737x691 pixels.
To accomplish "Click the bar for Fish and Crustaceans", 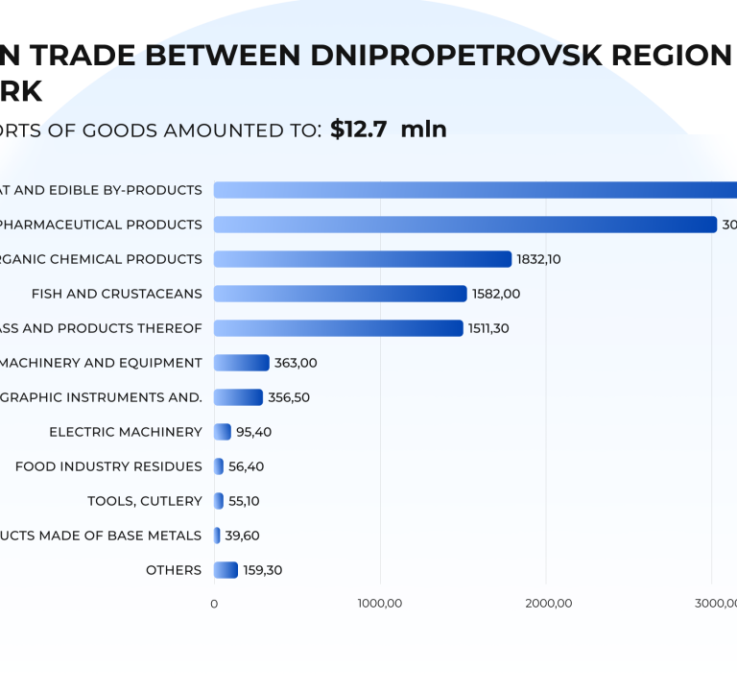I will [340, 294].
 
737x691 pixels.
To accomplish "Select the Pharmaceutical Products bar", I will [464, 225].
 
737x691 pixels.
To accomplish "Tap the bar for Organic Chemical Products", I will [362, 259].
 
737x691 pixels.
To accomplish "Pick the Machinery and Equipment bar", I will [241, 363].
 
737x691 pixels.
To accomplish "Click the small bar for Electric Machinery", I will [222, 432].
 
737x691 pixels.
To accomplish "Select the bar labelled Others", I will [226, 570].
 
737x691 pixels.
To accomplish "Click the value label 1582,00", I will [496, 294].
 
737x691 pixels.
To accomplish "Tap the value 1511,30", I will [488, 328].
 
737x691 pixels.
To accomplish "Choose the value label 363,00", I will [296, 363].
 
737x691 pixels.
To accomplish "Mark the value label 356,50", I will [289, 397].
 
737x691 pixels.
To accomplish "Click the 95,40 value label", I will [253, 432].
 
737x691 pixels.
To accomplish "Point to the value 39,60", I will [242, 536].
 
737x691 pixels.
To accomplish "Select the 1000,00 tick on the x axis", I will [380, 603].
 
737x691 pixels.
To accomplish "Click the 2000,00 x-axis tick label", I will [546, 603].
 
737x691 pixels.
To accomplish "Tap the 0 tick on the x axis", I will [214, 603].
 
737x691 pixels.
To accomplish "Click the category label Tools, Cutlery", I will [144, 501].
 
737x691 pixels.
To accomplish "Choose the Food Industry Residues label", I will [108, 466].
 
